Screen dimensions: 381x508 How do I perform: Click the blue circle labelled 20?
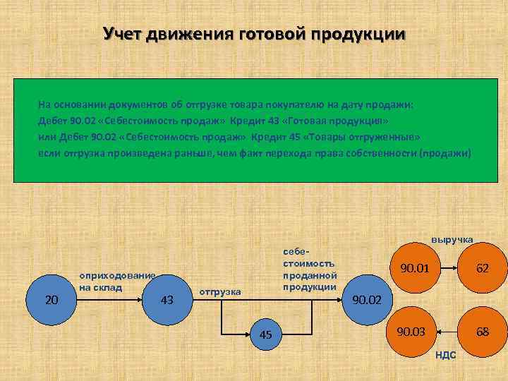51,300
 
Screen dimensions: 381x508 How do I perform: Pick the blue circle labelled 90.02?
366,300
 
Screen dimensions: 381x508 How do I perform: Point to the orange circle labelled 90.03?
411,330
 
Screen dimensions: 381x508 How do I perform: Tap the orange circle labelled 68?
482,330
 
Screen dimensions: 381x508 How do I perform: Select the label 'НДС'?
445,354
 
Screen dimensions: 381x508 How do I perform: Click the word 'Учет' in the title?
123,34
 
